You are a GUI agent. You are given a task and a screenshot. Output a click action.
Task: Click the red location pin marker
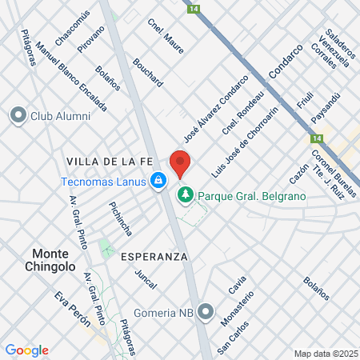(x=180, y=163)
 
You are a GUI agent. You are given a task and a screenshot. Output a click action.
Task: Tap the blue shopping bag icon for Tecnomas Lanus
(x=159, y=181)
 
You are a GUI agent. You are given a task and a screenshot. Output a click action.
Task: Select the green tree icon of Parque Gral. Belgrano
(x=186, y=194)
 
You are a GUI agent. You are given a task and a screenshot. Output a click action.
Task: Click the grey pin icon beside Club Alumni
(x=18, y=116)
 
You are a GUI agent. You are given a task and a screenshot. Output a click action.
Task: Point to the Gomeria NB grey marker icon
(x=206, y=311)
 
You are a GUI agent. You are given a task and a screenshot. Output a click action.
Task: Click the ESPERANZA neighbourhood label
(x=154, y=257)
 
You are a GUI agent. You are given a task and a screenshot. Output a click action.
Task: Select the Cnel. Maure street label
(x=166, y=36)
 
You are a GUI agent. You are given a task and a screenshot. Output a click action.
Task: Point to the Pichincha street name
(x=120, y=215)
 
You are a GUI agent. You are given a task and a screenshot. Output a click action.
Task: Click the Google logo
(x=26, y=350)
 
